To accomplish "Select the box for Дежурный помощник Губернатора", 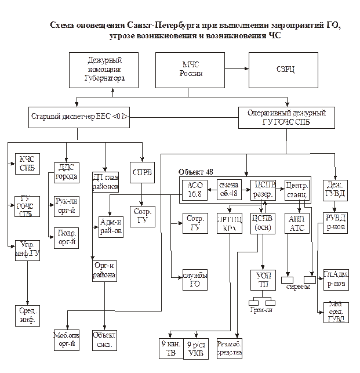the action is [x=105, y=69].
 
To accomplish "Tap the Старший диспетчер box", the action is [x=78, y=116].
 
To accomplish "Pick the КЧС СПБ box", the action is [x=27, y=164].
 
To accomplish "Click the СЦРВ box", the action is [x=142, y=172].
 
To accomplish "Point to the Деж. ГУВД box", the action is [x=336, y=189].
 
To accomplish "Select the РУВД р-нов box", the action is [x=336, y=223].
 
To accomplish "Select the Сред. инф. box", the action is [x=27, y=315].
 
